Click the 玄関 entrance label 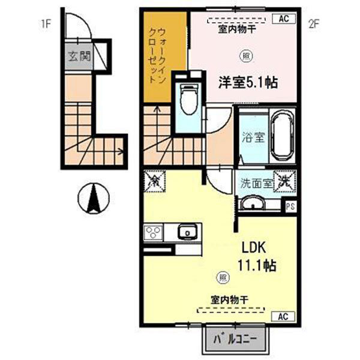pos(79,57)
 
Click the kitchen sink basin pos(187,232)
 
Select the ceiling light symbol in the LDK pos(223,277)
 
